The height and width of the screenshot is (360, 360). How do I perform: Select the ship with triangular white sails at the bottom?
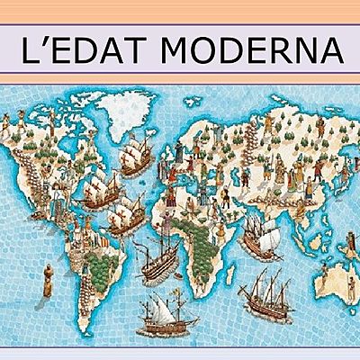(x=171, y=315)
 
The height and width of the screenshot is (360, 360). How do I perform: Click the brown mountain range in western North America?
(x=36, y=153)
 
